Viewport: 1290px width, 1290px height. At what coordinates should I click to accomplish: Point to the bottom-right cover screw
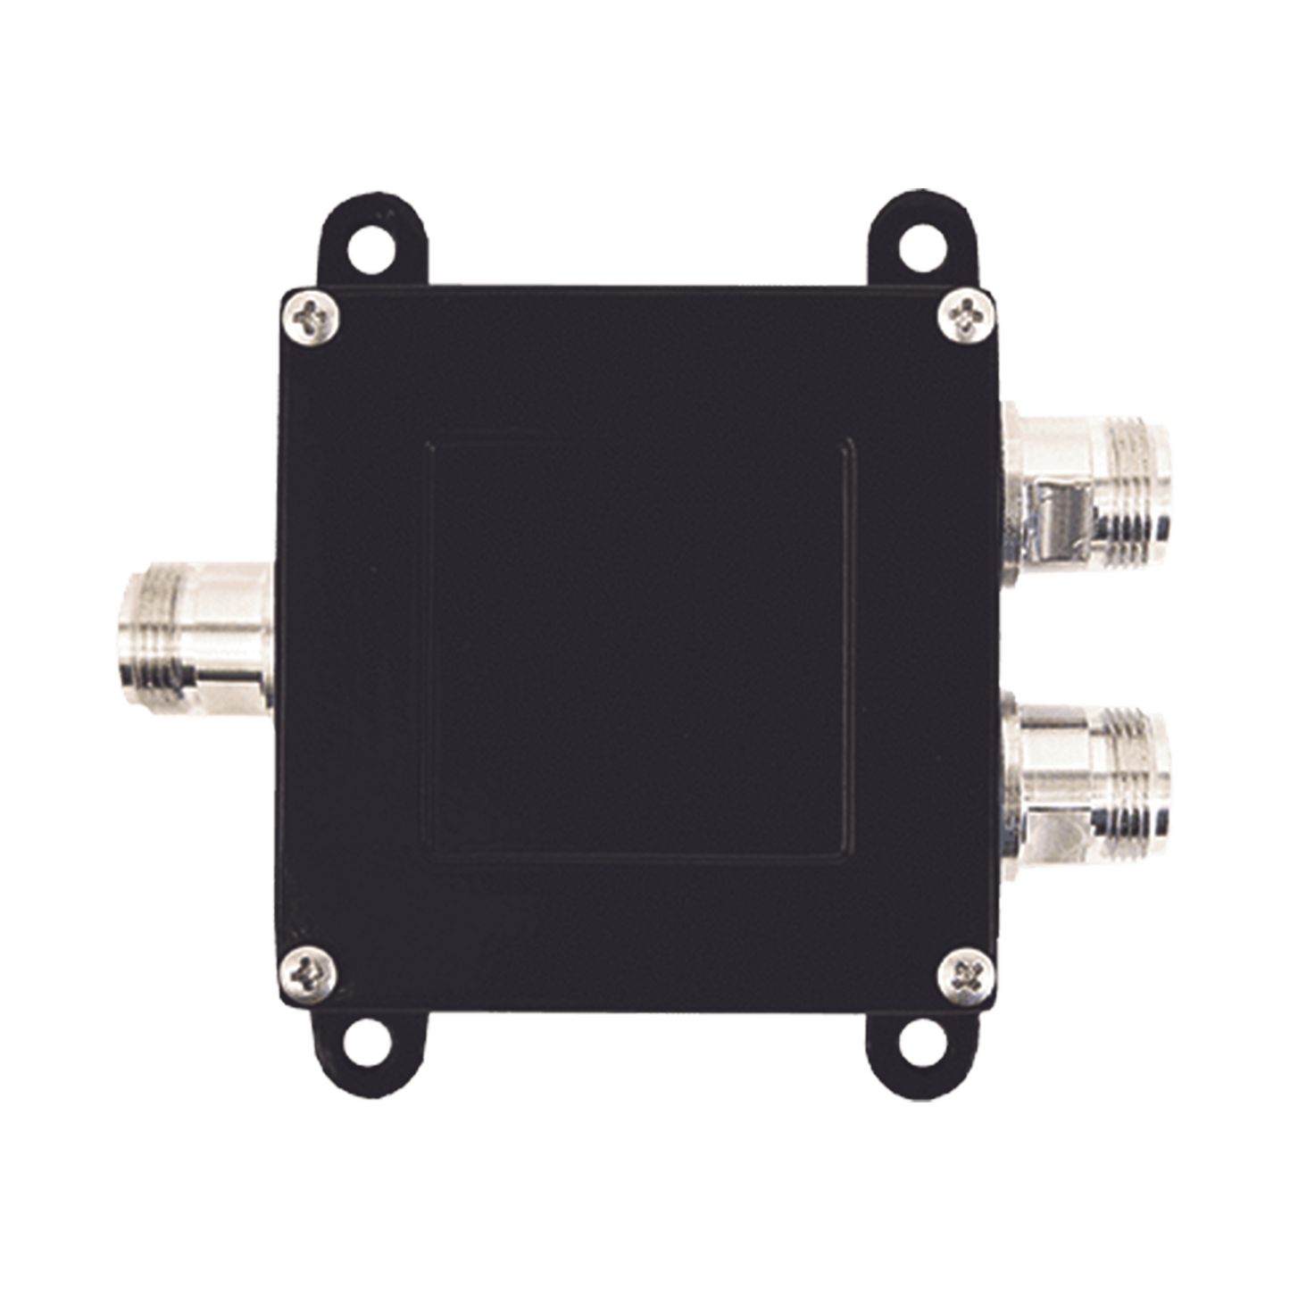(968, 969)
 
